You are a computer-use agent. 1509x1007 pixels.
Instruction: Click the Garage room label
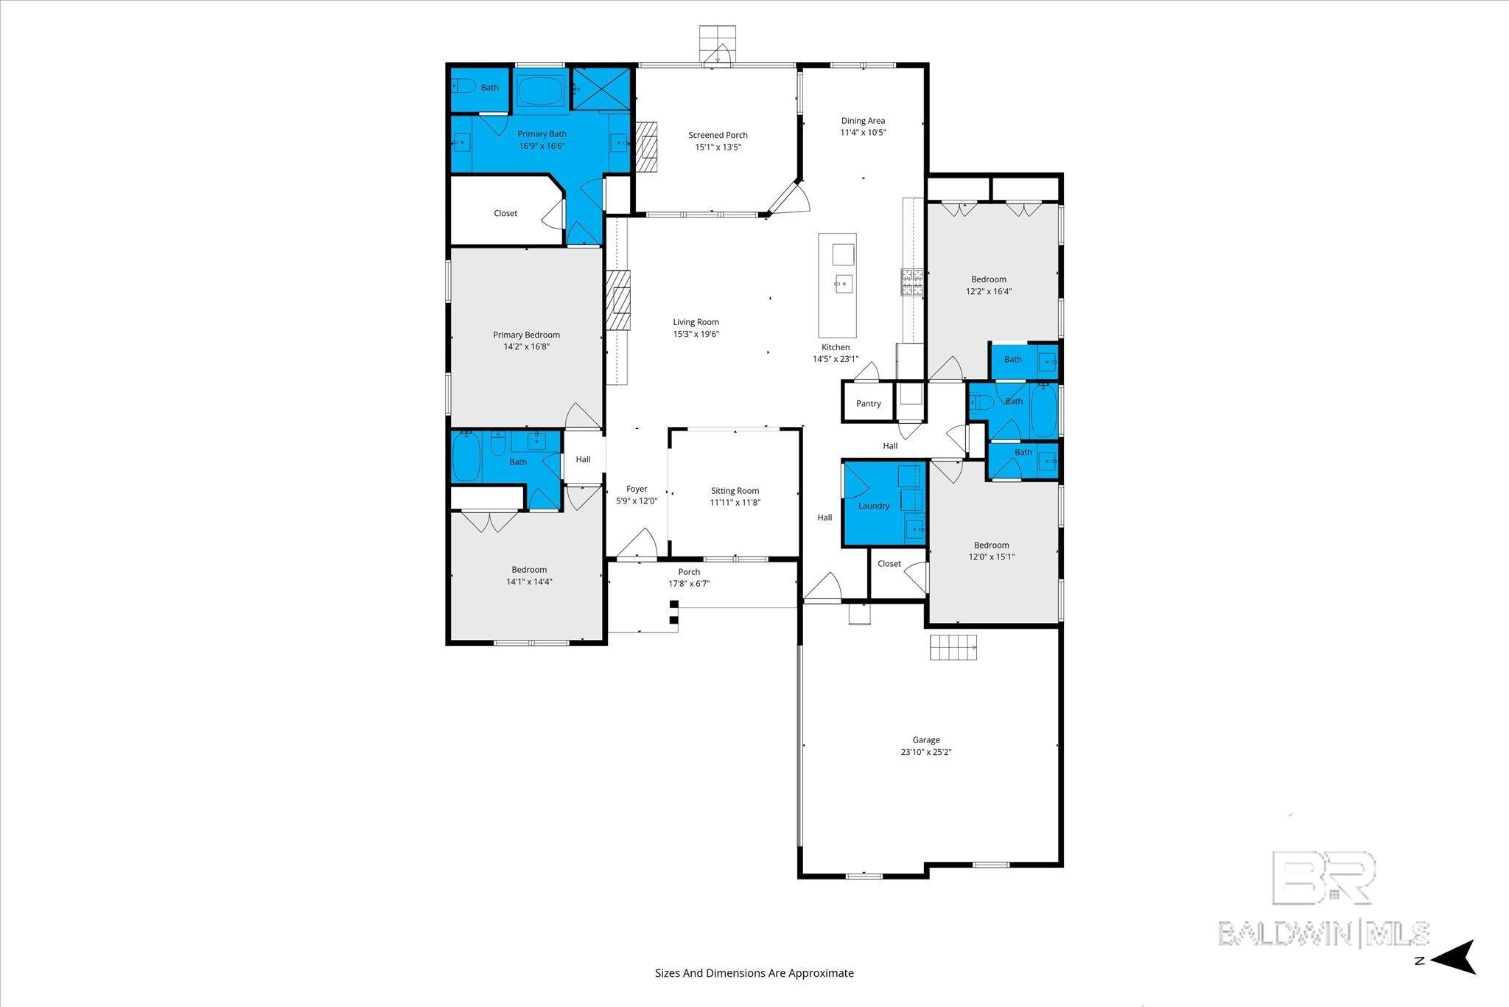[x=926, y=740]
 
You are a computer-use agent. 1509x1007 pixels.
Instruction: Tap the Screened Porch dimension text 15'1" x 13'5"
[x=718, y=147]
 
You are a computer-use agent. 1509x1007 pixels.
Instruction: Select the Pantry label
[x=868, y=403]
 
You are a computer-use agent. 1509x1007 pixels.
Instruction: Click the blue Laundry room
[x=874, y=506]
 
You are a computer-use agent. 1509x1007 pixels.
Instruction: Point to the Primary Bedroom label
[x=526, y=335]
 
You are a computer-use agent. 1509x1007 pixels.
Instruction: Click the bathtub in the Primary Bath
[x=540, y=92]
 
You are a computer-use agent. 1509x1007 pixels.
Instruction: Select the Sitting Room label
[x=735, y=490]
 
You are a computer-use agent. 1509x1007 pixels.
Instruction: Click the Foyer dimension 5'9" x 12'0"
[x=637, y=501]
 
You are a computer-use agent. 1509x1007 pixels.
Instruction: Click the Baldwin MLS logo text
[x=1323, y=933]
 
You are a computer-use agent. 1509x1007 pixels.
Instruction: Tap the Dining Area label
[x=863, y=120]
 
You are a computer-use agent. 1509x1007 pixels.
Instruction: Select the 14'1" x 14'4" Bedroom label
[x=529, y=569]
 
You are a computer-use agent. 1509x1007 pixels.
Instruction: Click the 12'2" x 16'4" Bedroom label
[x=988, y=279]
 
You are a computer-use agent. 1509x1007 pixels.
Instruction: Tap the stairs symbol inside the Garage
[x=953, y=647]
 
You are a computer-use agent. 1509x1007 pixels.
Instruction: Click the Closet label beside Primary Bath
[x=505, y=213]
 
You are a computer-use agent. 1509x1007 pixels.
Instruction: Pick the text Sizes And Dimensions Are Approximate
[x=754, y=973]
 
